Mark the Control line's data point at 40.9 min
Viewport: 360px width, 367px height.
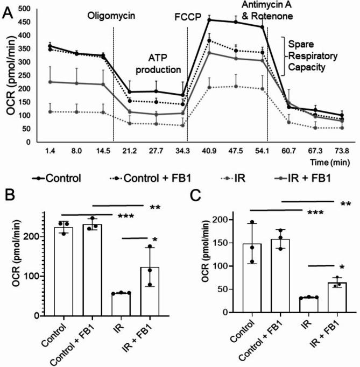tap(209, 20)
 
